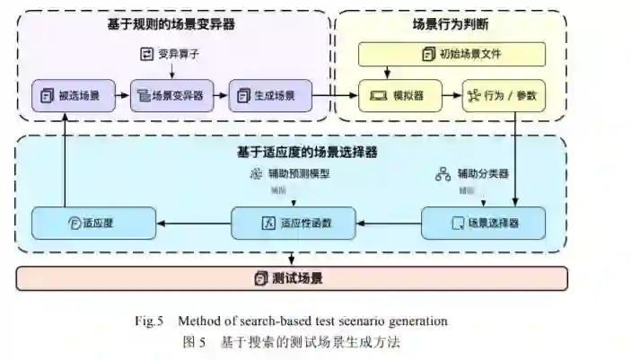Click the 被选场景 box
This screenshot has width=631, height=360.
[69, 94]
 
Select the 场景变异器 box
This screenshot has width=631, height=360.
[168, 94]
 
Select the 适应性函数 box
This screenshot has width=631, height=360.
[294, 222]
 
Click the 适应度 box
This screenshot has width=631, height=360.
[93, 222]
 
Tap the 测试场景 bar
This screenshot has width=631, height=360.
[292, 277]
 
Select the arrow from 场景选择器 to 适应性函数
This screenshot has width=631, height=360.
[389, 221]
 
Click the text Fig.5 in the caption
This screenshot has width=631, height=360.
[152, 320]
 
